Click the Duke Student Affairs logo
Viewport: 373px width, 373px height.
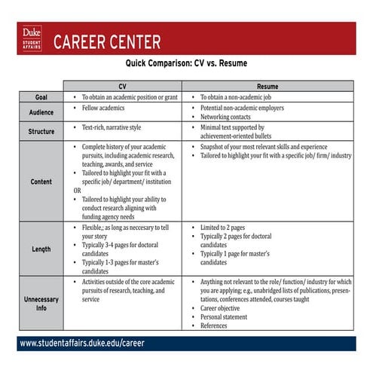[32, 38]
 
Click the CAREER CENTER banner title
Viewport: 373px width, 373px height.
[106, 41]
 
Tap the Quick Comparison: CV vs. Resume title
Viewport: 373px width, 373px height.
[186, 64]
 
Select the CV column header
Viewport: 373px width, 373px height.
[123, 86]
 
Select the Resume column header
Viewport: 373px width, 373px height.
[268, 86]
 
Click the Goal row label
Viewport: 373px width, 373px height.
[41, 97]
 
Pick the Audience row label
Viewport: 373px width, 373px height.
[41, 112]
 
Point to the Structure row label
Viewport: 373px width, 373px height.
[41, 131]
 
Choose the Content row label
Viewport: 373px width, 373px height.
[41, 182]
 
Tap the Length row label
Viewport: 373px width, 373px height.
[41, 249]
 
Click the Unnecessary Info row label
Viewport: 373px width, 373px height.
[41, 304]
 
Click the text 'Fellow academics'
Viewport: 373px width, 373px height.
[105, 109]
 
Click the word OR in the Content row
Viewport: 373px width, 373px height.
[77, 191]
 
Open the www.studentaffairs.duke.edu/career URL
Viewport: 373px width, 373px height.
[81, 343]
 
